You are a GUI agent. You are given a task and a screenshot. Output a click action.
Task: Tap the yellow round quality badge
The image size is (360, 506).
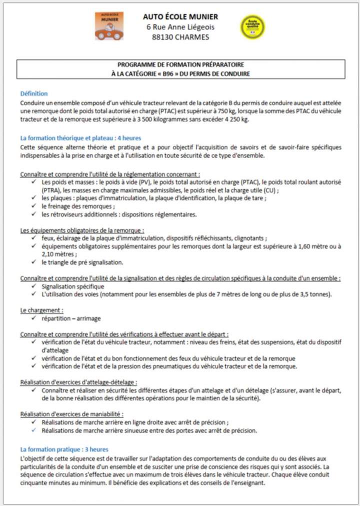pyautogui.click(x=252, y=26)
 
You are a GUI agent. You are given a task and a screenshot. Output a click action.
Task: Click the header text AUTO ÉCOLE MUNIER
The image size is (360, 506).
pyautogui.click(x=180, y=17)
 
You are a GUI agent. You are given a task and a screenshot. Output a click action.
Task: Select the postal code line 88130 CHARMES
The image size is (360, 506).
pyautogui.click(x=180, y=37)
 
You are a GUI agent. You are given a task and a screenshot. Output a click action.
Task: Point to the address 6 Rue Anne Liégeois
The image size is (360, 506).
pyautogui.click(x=180, y=27)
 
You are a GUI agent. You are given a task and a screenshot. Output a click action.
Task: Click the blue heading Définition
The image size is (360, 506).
pyautogui.click(x=34, y=93)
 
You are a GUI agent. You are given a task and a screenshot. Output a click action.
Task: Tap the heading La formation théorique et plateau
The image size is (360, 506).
pyautogui.click(x=80, y=137)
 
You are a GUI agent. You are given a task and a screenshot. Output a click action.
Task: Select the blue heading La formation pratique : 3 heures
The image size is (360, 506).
pyautogui.click(x=64, y=449)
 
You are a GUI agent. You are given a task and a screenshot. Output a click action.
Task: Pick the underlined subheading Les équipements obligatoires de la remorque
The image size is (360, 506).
pyautogui.click(x=82, y=230)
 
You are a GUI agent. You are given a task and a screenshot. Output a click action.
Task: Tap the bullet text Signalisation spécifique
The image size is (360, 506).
pyautogui.click(x=73, y=286)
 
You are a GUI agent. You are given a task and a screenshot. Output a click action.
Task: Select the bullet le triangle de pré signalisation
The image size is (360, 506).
pyautogui.click(x=82, y=262)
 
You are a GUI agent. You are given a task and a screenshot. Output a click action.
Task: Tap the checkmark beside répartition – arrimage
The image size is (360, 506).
pyautogui.click(x=33, y=318)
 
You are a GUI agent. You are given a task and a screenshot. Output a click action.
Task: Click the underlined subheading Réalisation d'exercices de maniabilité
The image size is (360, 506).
pyautogui.click(x=72, y=414)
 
